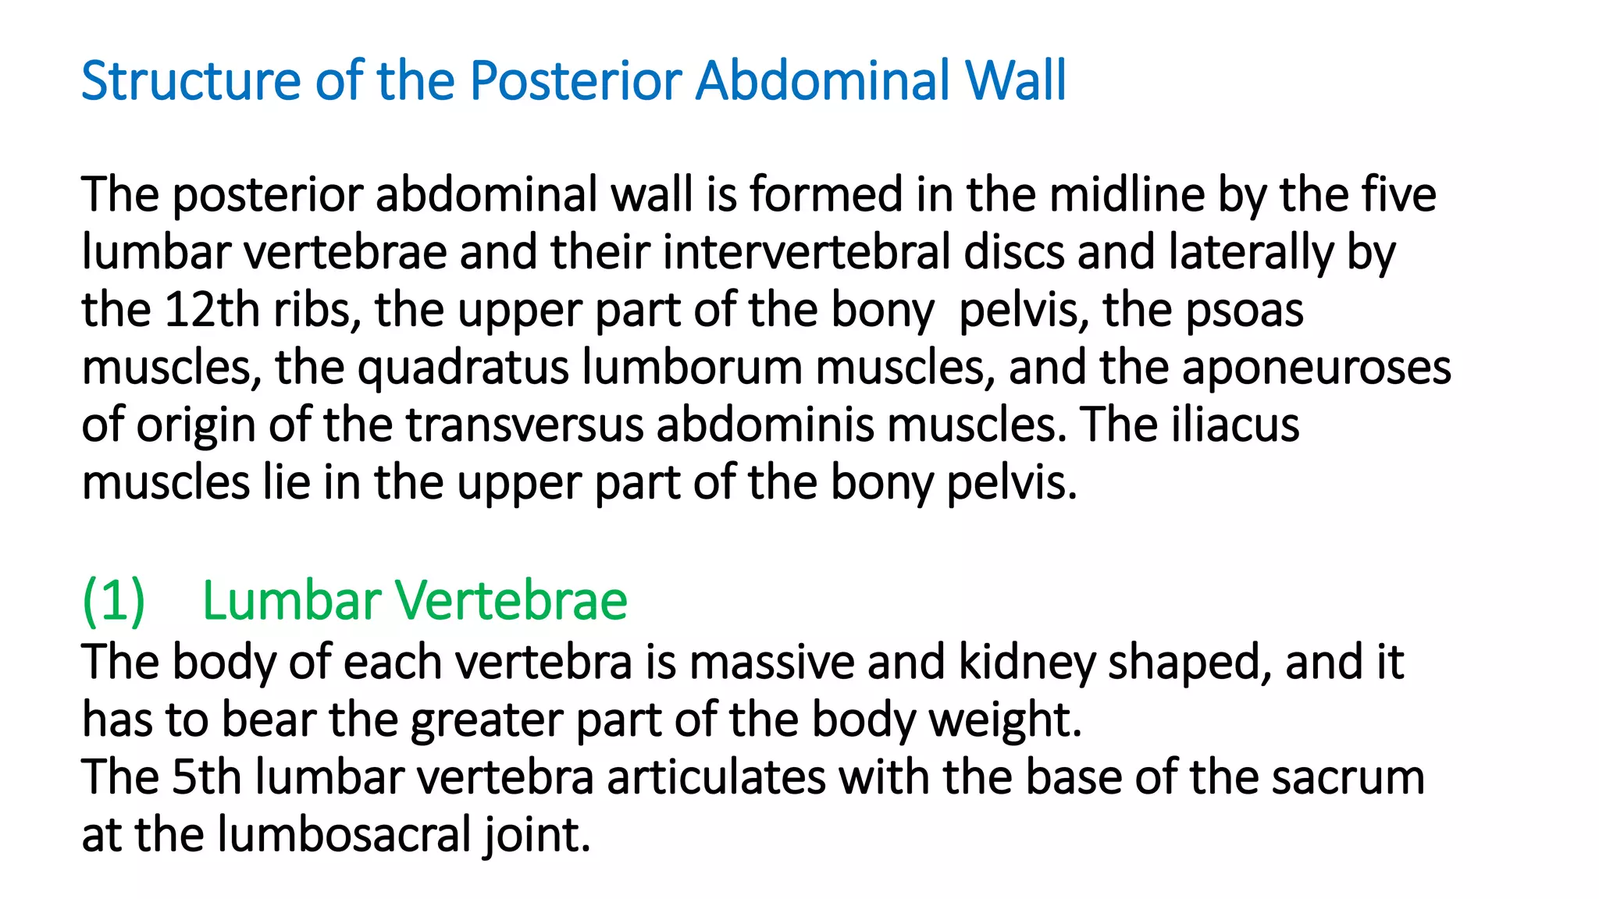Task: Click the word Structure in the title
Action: point(191,81)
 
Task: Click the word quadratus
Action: point(463,368)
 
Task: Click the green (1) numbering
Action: point(114,601)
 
